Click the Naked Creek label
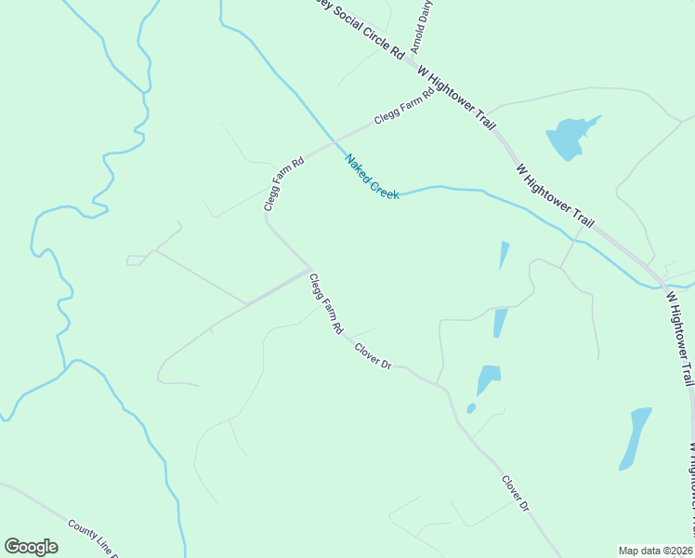click(x=372, y=176)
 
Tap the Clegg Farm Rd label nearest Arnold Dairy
click(x=404, y=107)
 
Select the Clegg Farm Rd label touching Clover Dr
click(x=327, y=304)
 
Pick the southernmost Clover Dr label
click(x=515, y=494)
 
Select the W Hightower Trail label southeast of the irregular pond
click(x=555, y=196)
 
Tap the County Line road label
click(x=93, y=538)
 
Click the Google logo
click(x=31, y=547)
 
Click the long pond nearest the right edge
click(x=636, y=437)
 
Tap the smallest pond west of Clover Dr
click(x=471, y=407)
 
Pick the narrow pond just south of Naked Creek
click(x=505, y=254)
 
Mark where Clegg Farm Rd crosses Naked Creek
click(x=334, y=144)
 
